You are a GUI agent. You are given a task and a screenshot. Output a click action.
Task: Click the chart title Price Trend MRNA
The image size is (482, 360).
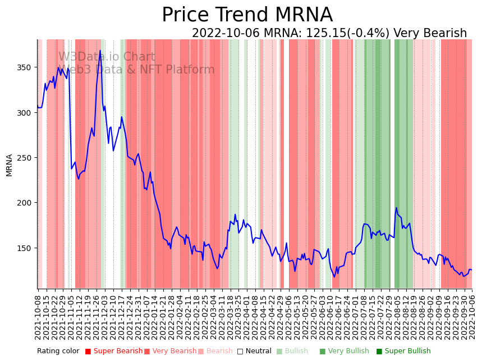pos(247,15)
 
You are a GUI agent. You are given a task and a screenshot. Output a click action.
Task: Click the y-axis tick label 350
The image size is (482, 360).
pos(25,67)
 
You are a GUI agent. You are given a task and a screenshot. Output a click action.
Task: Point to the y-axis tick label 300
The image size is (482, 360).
pos(25,112)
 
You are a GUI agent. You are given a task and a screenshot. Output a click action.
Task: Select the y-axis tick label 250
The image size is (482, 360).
pos(25,158)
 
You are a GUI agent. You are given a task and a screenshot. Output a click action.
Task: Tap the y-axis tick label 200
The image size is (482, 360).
pos(25,203)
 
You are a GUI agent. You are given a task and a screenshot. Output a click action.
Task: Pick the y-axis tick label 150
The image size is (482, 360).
pos(25,248)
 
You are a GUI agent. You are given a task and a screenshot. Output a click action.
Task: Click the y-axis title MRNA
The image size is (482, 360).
pos(9,165)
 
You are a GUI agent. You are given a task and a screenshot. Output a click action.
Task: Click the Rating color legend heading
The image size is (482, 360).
pos(58,352)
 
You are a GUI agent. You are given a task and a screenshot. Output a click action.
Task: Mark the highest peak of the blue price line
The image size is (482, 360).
pos(100,51)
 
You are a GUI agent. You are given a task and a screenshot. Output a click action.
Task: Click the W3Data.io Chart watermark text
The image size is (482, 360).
pos(107,57)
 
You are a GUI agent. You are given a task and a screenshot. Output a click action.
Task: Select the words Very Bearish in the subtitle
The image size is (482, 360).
pos(430,34)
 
